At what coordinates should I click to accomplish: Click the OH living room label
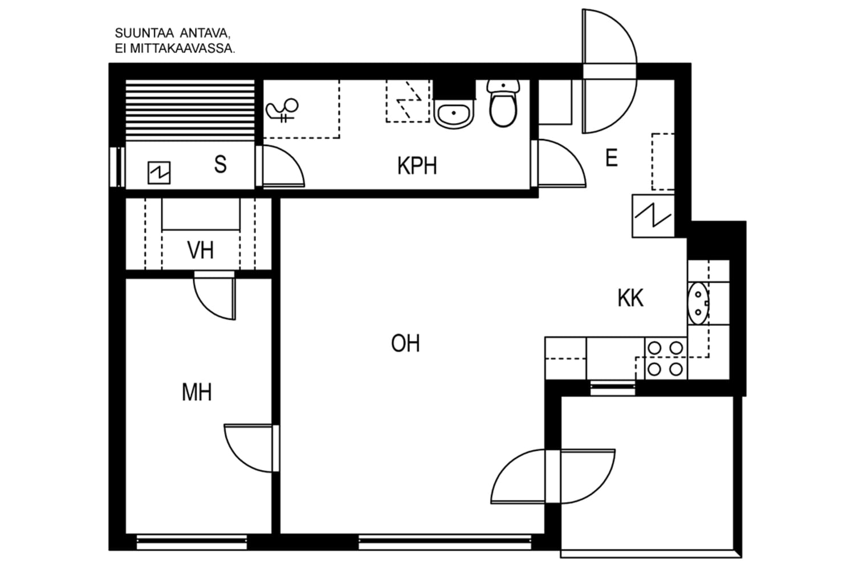[x=405, y=344]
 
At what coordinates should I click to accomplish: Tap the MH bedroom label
[x=197, y=392]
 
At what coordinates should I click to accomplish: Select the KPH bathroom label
[x=417, y=166]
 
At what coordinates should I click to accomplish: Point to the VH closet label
[x=200, y=250]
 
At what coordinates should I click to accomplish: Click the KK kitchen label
[x=630, y=298]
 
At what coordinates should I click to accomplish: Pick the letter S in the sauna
[x=220, y=164]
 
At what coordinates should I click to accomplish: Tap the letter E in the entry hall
[x=611, y=158]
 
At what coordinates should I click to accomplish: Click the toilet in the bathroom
[x=503, y=104]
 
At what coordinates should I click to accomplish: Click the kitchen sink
[x=698, y=302]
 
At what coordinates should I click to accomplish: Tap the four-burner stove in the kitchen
[x=665, y=359]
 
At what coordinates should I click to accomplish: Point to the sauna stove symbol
[x=159, y=172]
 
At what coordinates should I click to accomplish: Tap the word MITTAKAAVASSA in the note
[x=182, y=49]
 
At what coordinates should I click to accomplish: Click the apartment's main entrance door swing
[x=609, y=71]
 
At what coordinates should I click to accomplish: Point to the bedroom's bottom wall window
[x=192, y=541]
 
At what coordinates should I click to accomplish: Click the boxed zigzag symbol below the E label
[x=653, y=215]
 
